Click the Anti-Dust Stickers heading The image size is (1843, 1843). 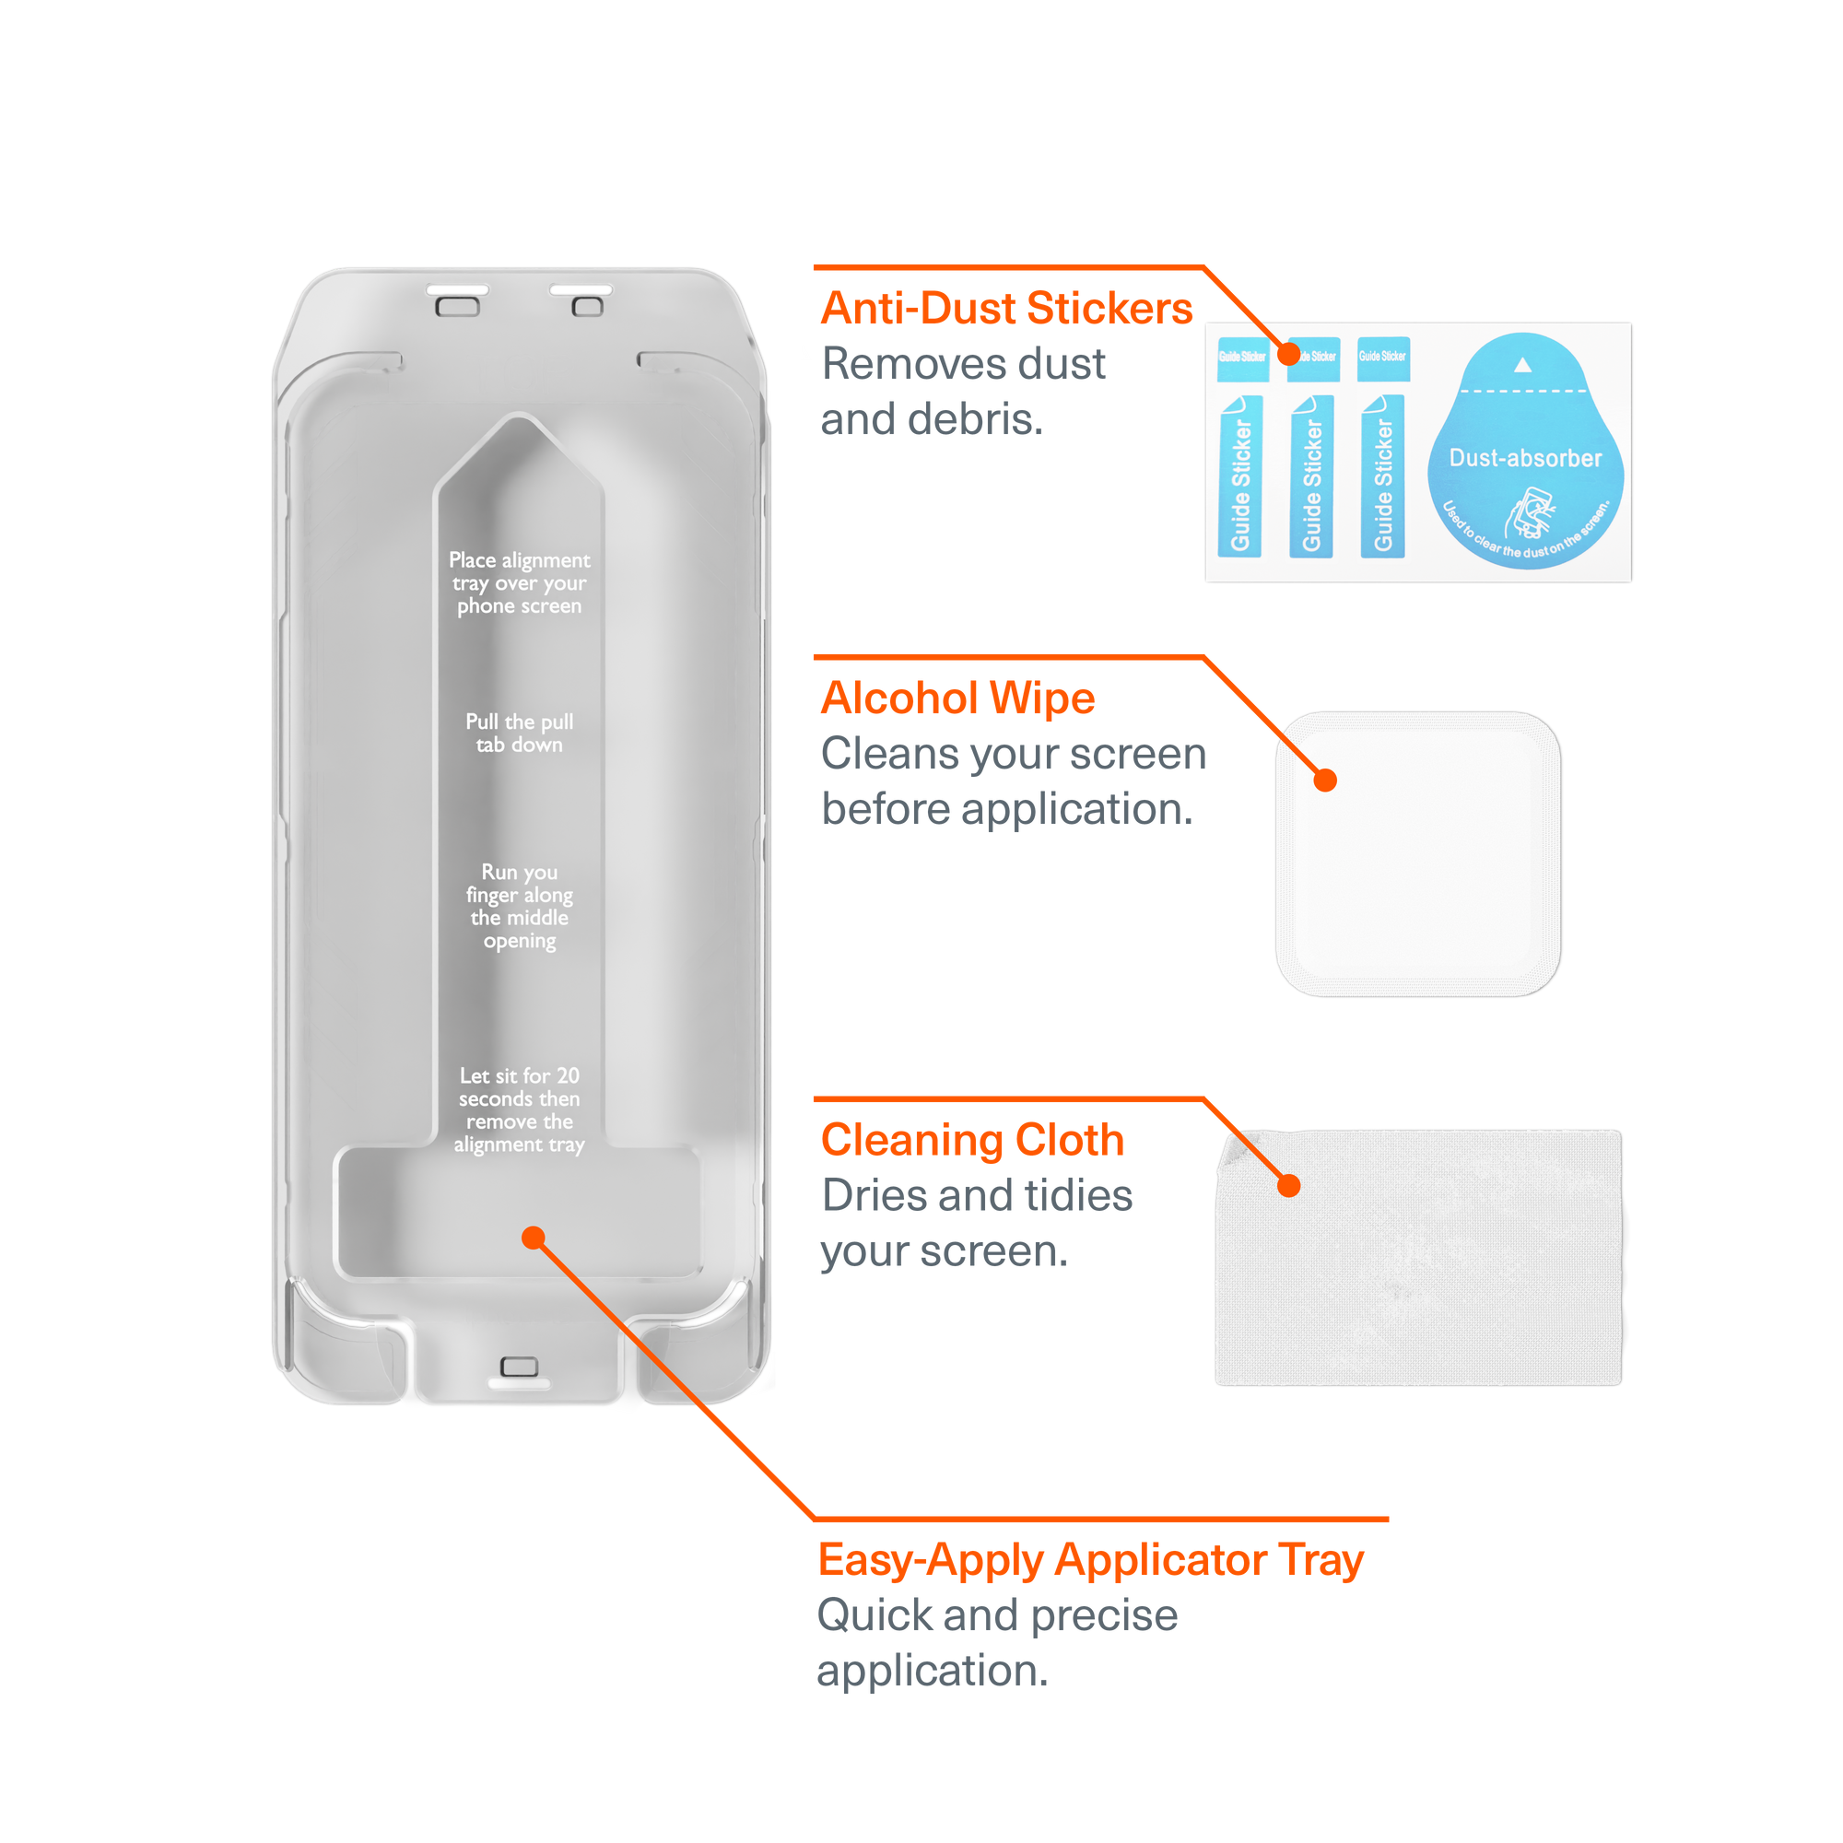point(1006,308)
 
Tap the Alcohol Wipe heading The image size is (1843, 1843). point(957,698)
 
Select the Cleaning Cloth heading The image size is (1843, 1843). point(973,1139)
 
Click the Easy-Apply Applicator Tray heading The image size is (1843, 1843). point(1090,1561)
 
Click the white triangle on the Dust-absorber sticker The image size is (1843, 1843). point(1522,364)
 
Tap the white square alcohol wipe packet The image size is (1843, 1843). point(1417,854)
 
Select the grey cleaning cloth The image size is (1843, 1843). point(1417,1257)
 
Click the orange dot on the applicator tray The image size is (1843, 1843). point(534,1238)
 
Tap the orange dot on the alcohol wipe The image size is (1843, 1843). point(1325,781)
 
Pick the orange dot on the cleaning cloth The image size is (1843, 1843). point(1289,1186)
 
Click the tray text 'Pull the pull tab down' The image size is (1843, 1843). point(519,733)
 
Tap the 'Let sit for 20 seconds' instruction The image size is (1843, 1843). point(519,1109)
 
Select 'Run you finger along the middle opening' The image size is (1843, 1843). point(519,905)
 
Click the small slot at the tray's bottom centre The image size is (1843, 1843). point(519,1366)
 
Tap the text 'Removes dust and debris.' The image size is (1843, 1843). point(964,391)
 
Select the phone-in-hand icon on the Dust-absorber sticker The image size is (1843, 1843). point(1529,513)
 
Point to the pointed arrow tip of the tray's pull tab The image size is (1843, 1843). point(519,414)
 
